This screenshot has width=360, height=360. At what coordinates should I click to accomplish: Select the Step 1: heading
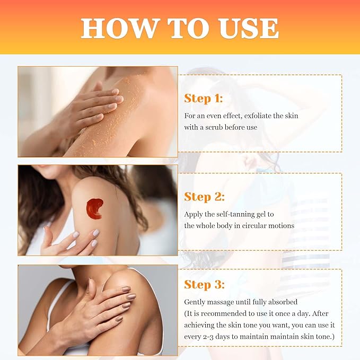click(x=204, y=99)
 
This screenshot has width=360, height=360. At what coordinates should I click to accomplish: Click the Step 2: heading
click(x=205, y=197)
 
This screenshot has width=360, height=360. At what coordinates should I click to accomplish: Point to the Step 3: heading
click(x=205, y=285)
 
